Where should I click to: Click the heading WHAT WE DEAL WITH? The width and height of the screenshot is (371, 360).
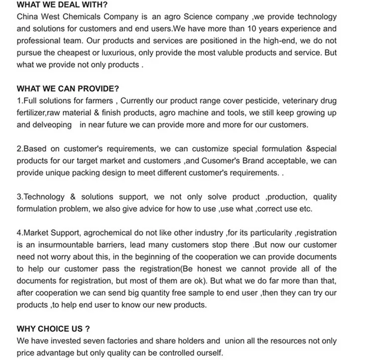[x=62, y=5]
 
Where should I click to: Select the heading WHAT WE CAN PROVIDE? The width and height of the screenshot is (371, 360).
[x=68, y=89]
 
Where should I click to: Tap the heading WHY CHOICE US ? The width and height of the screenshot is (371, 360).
[x=53, y=329]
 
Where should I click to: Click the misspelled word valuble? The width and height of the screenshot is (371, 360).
[x=226, y=53]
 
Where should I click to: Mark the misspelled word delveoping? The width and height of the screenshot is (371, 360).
[x=44, y=125]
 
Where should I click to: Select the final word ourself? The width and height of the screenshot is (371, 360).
[x=208, y=353]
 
